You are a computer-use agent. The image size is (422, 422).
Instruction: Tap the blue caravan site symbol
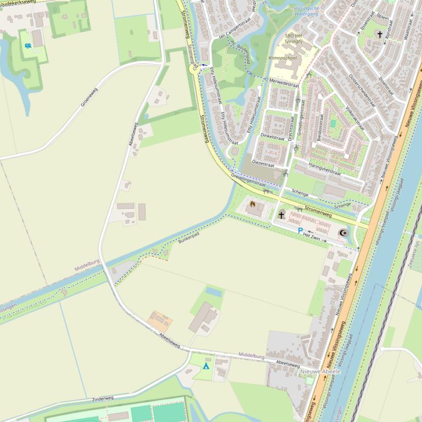tap(27, 46)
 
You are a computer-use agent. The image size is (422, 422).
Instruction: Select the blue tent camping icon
tap(206, 366)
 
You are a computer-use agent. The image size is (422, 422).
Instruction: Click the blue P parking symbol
tap(300, 231)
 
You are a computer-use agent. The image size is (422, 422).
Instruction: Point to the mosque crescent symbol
tap(344, 233)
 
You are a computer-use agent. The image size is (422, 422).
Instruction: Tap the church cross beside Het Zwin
tap(282, 215)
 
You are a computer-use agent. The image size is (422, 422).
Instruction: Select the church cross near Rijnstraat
tap(379, 35)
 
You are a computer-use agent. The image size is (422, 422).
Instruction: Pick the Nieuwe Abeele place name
tap(320, 371)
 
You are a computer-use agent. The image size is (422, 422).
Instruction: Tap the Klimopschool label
tap(282, 58)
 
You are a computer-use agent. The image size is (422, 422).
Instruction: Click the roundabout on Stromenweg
tap(193, 68)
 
